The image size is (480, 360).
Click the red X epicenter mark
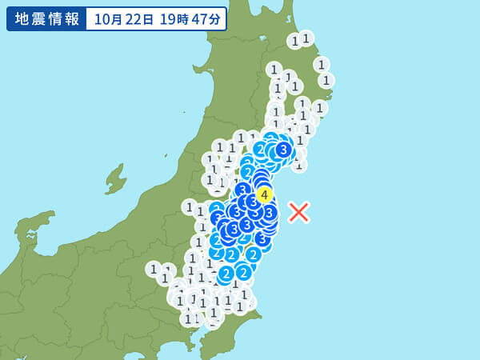tap(298, 212)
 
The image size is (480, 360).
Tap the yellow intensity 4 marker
tap(264, 194)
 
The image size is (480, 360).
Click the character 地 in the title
tap(22, 19)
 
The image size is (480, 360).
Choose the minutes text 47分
tap(204, 19)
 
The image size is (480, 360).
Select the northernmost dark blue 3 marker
tap(283, 149)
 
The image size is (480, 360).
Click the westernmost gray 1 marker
tap(154, 269)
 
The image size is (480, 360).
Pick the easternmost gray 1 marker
tap(326, 80)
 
